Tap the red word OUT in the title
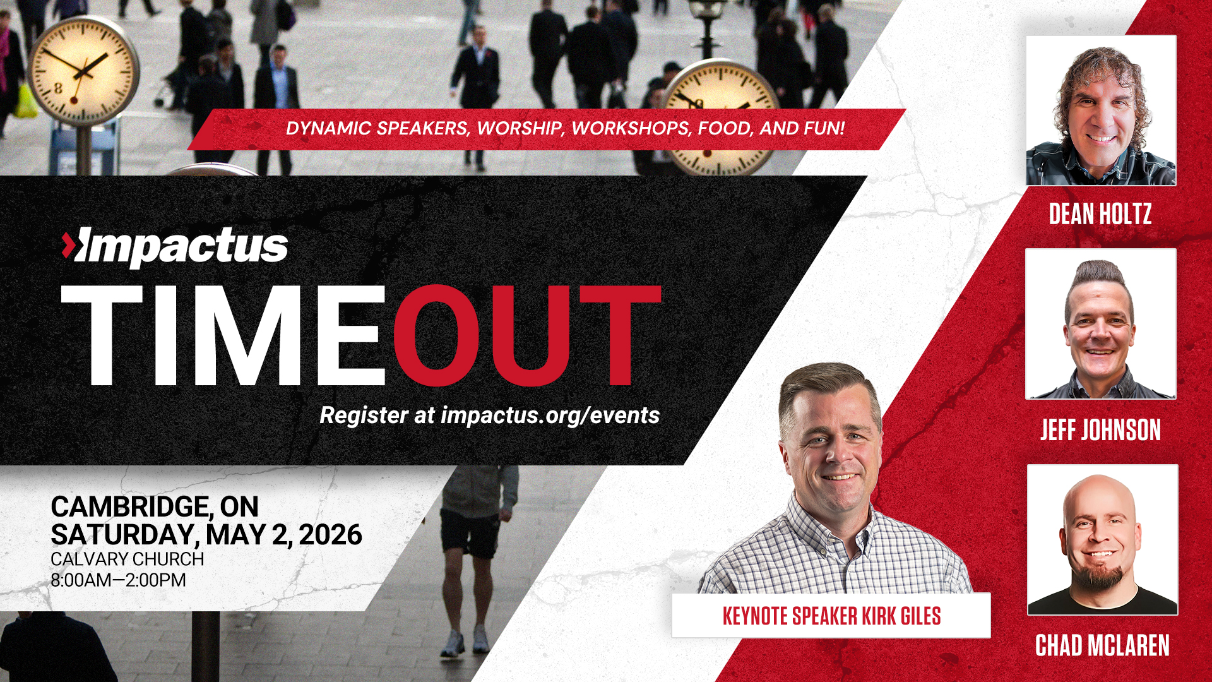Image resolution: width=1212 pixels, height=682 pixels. (527, 335)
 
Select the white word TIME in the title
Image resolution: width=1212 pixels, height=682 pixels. (223, 335)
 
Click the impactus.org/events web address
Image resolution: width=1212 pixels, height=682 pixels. (550, 416)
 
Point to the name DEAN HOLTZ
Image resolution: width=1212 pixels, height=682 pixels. (1100, 214)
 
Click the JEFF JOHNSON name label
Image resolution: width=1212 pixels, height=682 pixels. (1101, 430)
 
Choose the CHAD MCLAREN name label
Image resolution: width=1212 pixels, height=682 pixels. (1102, 645)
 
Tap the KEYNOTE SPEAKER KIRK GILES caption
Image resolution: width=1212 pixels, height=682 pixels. (831, 616)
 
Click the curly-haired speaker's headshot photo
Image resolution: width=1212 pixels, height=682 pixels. (1101, 111)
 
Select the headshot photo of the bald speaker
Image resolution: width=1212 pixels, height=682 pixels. (1102, 540)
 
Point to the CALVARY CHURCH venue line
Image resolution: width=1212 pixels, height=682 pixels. (127, 559)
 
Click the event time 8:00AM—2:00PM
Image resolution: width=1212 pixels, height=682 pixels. (118, 580)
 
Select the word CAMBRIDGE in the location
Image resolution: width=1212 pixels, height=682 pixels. (129, 506)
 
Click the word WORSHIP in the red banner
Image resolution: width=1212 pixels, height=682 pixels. (519, 128)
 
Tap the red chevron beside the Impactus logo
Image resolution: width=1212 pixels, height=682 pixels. (68, 245)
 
